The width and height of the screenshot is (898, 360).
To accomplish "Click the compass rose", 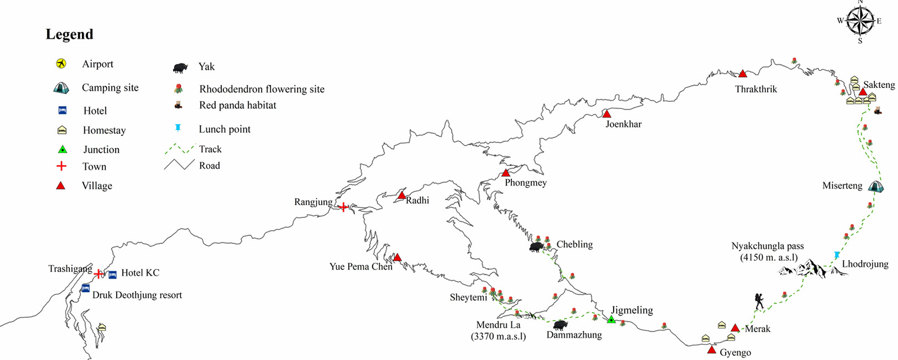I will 860,21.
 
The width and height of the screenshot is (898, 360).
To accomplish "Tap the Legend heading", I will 70,34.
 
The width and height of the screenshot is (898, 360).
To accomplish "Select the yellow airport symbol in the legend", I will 61,64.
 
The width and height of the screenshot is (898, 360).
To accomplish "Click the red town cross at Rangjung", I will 344,207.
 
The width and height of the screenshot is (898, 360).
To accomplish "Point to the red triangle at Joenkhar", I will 607,114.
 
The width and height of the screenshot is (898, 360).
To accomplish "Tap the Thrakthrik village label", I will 756,89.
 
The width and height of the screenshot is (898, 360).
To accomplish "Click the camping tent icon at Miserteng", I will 876,186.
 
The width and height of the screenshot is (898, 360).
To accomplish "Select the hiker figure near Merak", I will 759,301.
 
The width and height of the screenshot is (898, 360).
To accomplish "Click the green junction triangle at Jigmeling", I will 611,320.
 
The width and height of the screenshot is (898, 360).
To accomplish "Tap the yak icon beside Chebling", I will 536,247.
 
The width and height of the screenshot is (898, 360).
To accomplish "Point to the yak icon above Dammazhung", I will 560,325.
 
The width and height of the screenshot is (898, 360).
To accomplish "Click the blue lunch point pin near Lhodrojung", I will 837,255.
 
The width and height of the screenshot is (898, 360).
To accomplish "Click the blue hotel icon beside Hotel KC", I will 113,275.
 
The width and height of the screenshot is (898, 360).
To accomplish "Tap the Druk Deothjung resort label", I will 137,295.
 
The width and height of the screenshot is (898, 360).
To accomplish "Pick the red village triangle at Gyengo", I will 711,350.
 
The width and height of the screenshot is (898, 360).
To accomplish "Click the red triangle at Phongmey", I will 506,173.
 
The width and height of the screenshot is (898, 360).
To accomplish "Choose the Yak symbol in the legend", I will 180,67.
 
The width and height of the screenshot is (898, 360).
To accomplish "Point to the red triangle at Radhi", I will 401,195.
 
